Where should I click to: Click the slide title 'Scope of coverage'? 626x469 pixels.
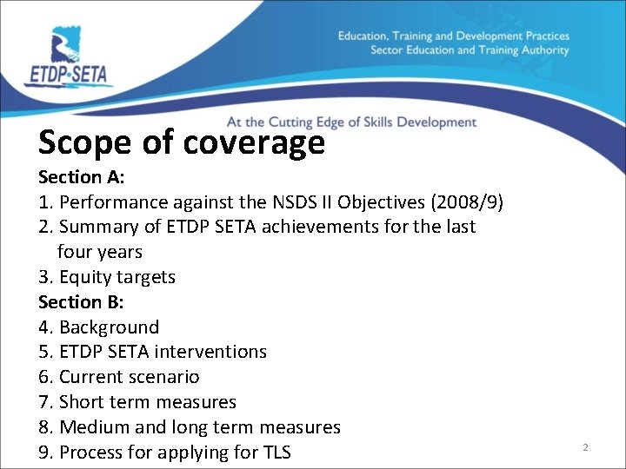click(181, 142)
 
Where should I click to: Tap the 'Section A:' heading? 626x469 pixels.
click(82, 177)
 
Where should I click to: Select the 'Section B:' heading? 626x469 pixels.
click(82, 302)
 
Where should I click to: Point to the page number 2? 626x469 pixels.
click(585, 447)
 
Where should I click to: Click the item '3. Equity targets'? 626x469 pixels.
click(107, 277)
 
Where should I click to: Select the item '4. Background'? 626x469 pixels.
click(99, 327)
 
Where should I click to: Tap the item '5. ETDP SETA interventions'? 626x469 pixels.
click(153, 352)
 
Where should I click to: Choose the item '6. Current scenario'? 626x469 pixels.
click(119, 377)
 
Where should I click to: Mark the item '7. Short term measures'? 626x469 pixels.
click(137, 402)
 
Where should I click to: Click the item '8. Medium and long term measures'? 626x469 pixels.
click(190, 427)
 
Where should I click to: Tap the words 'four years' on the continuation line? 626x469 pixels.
click(99, 252)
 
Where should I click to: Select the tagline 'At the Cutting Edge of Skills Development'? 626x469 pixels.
click(351, 122)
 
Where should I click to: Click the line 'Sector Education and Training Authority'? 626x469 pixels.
click(469, 50)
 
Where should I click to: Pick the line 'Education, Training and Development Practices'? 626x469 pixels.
click(453, 36)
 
